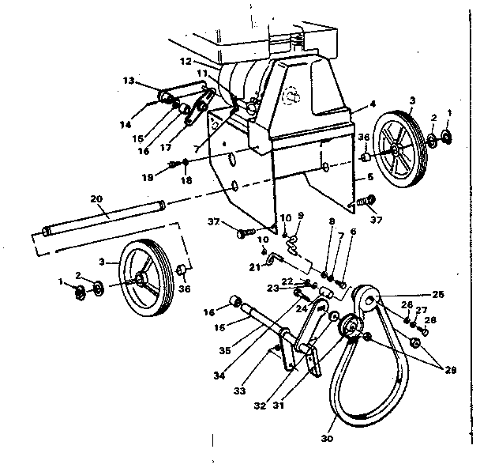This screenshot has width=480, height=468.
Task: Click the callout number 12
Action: tap(186, 60)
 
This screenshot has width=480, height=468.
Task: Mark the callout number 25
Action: tap(437, 295)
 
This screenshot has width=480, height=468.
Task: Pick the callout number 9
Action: tap(300, 215)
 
